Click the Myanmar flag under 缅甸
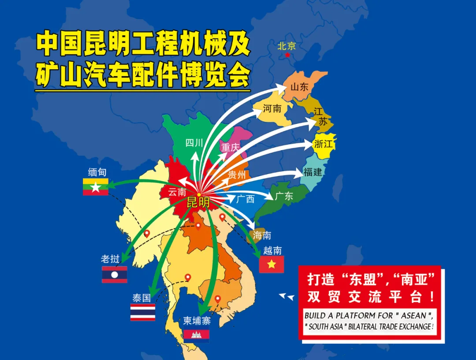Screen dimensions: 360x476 (x=96, y=187)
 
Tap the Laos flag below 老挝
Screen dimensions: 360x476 (x=115, y=275)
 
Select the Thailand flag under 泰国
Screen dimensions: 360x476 (x=143, y=312)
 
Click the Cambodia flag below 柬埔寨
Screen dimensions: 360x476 (x=197, y=335)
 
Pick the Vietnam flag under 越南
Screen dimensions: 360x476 (x=271, y=264)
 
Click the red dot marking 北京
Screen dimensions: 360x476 (x=287, y=55)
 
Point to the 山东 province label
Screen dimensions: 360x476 (x=299, y=87)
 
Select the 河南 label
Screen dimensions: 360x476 (x=272, y=108)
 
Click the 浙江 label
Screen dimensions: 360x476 (x=324, y=144)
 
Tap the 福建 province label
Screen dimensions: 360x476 (x=312, y=172)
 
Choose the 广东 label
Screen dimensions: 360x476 (x=284, y=196)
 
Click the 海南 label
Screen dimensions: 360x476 (x=262, y=235)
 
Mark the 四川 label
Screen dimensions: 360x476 (x=194, y=143)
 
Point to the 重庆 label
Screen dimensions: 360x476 (x=230, y=147)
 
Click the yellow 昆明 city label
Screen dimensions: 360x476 (x=198, y=203)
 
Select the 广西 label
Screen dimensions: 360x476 (x=245, y=199)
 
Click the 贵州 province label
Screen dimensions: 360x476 (x=237, y=174)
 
